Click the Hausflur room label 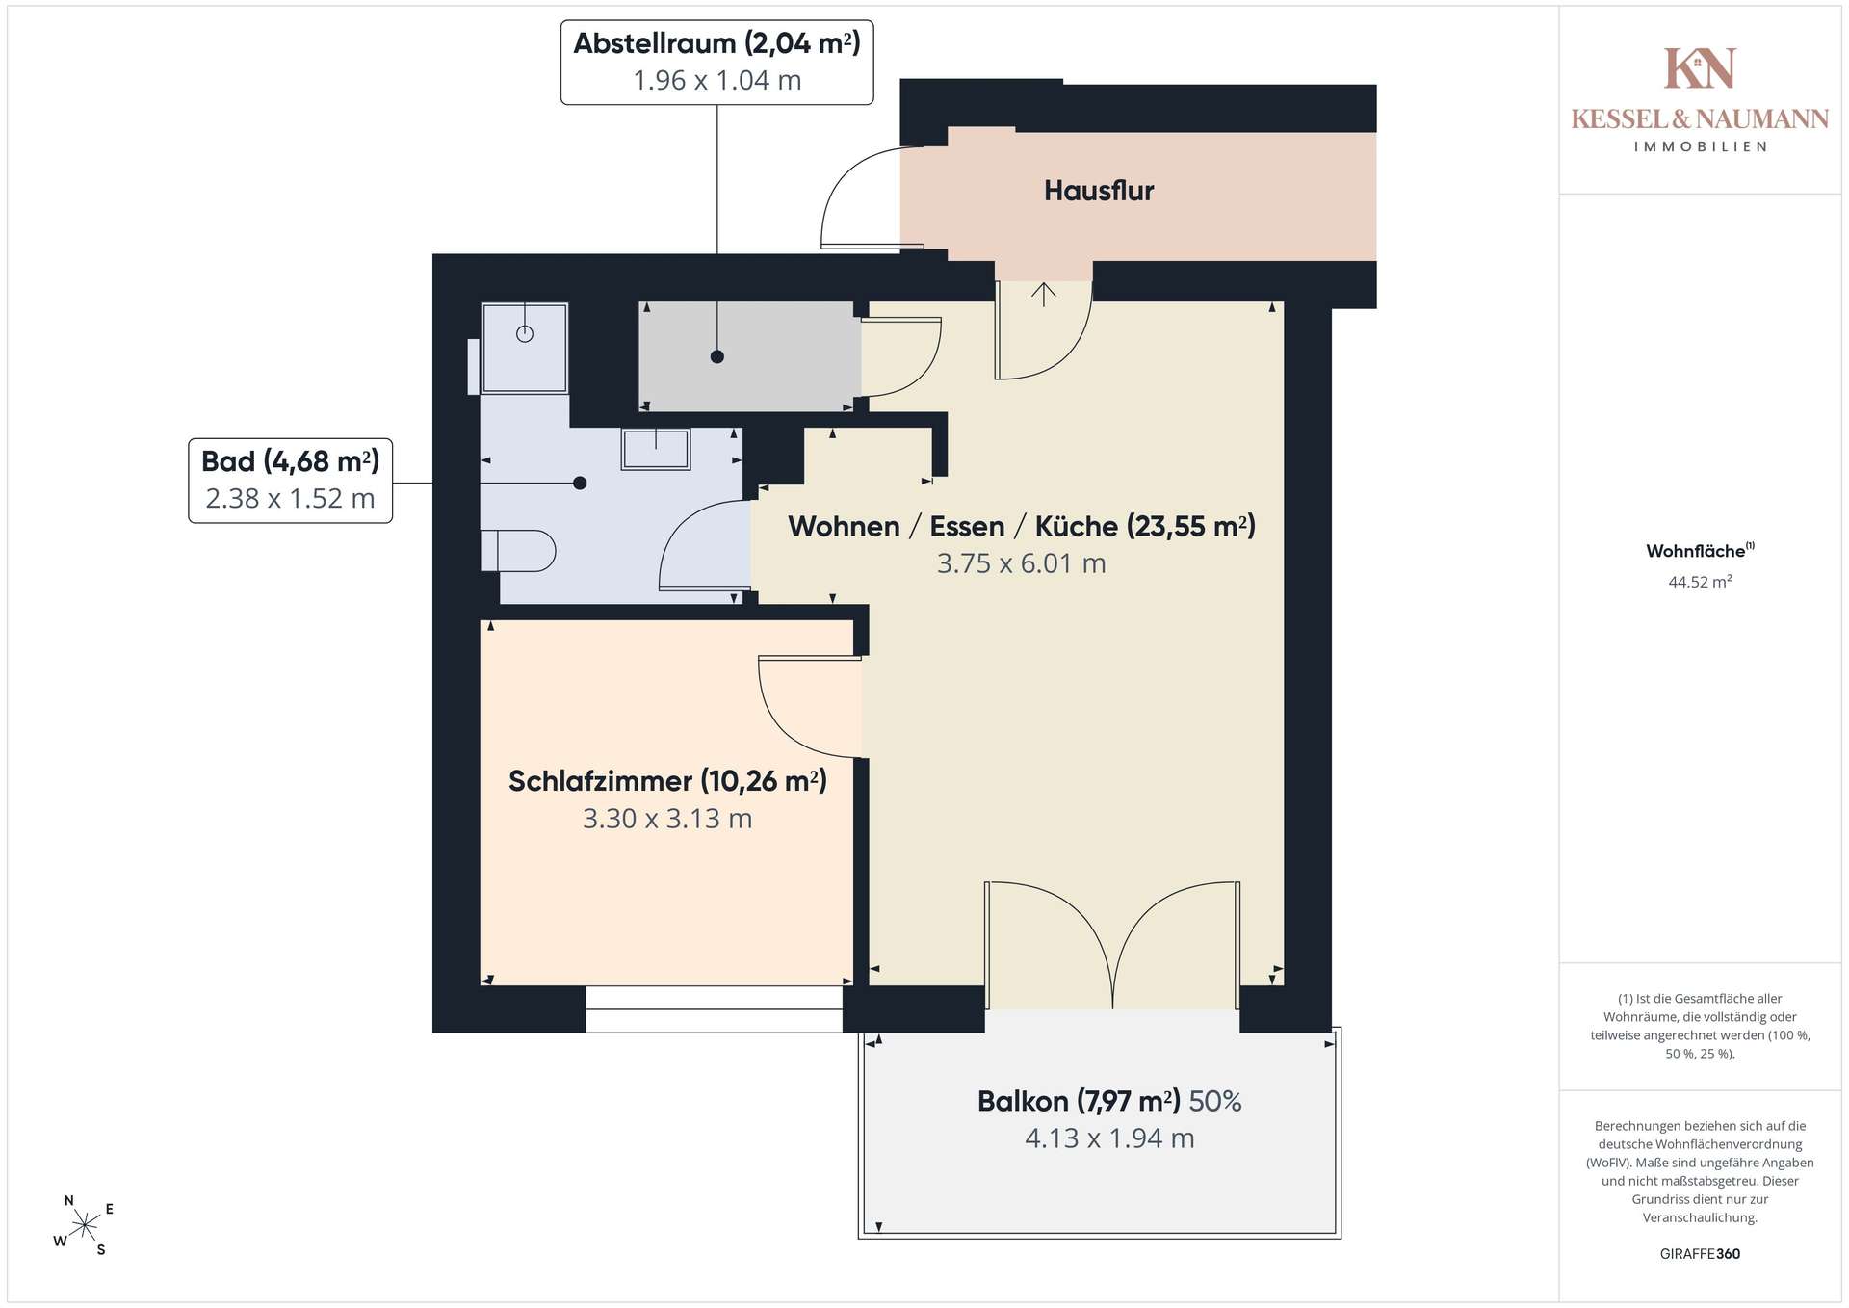tap(1099, 191)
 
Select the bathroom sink tap(656, 449)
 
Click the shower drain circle tap(525, 334)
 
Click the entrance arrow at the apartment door tap(1044, 293)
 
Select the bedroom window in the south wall tap(714, 1009)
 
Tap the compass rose tap(85, 1225)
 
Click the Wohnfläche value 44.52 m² tap(1700, 581)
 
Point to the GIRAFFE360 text tap(1700, 1254)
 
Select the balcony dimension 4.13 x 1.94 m tap(1109, 1138)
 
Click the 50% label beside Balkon tap(1215, 1101)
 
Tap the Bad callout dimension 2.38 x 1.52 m tap(290, 499)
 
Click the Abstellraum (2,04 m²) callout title tap(717, 43)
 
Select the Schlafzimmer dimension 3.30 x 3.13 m tap(667, 819)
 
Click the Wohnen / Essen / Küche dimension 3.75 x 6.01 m tap(1022, 563)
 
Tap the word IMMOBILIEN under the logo tap(1700, 146)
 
